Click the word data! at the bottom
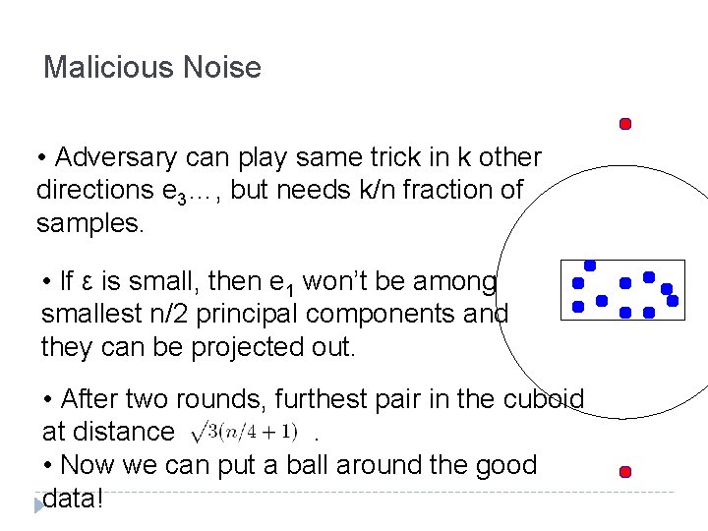tap(71, 497)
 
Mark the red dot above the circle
tap(624, 124)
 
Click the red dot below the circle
tap(624, 472)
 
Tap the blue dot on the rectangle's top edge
tap(589, 265)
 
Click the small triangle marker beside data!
tap(38, 504)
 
